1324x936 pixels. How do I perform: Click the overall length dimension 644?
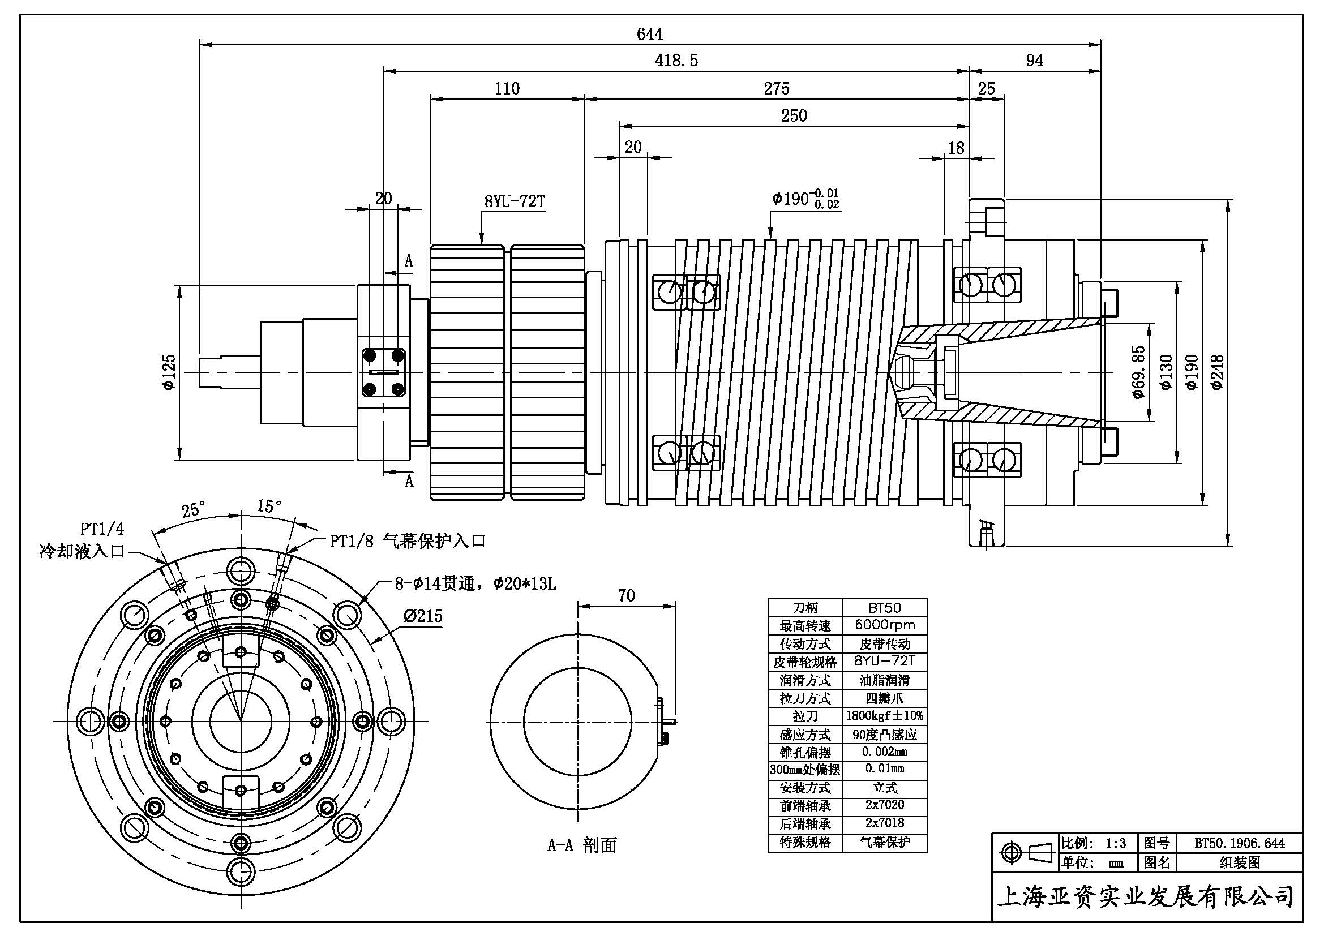coord(649,35)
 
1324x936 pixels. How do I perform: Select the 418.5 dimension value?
coord(676,61)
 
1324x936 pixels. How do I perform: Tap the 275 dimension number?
coord(776,89)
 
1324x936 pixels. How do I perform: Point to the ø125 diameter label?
coord(169,372)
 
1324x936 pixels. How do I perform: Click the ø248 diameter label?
coord(1217,372)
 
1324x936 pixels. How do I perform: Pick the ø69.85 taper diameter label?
coord(1137,372)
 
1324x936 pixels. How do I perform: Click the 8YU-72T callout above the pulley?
coord(515,201)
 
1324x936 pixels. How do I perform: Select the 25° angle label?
coord(193,510)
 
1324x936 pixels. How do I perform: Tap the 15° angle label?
coord(269,506)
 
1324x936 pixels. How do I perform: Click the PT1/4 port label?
coord(101,529)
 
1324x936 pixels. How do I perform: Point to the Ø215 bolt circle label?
coord(423,616)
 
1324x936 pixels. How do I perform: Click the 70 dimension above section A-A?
coord(626,595)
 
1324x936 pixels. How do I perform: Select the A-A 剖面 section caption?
coord(581,845)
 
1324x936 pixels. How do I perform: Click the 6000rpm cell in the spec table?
coord(885,625)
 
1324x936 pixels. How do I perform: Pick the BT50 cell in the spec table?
coord(885,607)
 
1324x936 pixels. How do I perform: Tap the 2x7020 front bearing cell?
coord(885,805)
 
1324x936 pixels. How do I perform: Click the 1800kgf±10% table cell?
coord(885,716)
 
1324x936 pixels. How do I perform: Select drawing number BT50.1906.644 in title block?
coord(1239,843)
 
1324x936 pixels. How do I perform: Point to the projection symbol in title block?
coord(1025,852)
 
